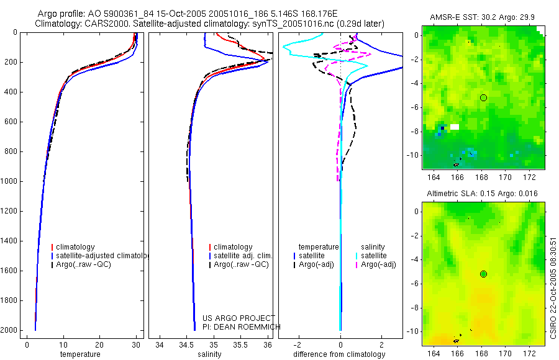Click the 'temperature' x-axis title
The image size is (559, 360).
pos(80,354)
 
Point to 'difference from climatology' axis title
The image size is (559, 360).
pos(340,354)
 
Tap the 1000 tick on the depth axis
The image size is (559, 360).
pos(11,181)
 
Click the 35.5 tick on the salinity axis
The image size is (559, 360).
pos(240,345)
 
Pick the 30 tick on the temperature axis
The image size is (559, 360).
pos(136,345)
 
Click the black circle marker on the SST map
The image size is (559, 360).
pos(483,97)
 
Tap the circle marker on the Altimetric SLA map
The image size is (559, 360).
pos(483,274)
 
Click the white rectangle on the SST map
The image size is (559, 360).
pos(455,127)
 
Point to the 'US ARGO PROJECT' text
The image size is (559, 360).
pos(239,318)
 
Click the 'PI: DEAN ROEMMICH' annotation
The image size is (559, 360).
pos(242,327)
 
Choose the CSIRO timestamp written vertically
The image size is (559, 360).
pos(553,286)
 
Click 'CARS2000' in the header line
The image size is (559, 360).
pos(101,24)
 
